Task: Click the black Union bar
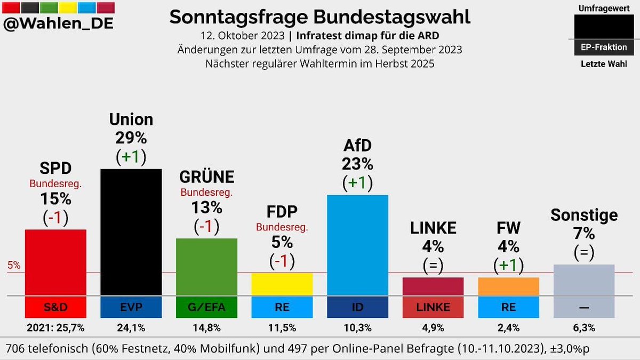coord(131,232)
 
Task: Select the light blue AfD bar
coord(357,245)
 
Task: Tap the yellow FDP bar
coord(282,284)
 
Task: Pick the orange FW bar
coord(508,286)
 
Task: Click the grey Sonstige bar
coord(584,280)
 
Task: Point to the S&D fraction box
coord(55,307)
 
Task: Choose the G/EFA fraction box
coord(206,307)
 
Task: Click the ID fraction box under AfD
coord(357,307)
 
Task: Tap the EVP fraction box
coord(131,307)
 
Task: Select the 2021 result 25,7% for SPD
coord(55,327)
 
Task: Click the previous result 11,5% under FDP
coord(282,327)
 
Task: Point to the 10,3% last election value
coord(357,327)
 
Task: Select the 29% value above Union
coord(131,138)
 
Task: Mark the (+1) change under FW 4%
coord(508,265)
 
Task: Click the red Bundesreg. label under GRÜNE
coord(206,192)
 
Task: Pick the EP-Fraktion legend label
coord(604,47)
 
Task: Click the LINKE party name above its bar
coord(433,228)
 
